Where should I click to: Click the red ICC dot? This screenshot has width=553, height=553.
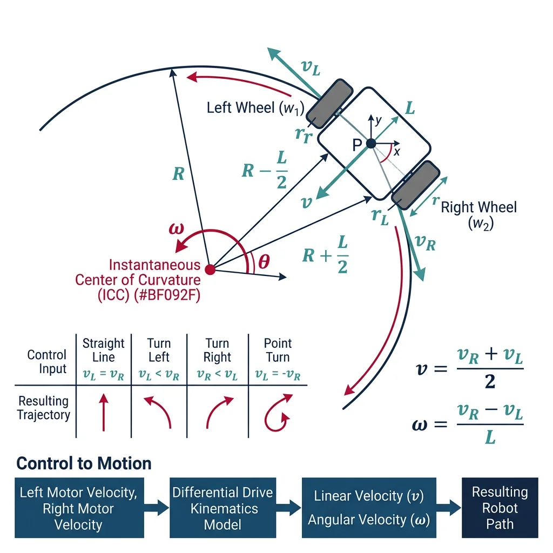[211, 269]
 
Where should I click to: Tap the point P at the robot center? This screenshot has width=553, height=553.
[371, 144]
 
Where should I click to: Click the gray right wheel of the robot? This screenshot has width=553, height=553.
[415, 184]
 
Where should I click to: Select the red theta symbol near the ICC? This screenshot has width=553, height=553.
[263, 262]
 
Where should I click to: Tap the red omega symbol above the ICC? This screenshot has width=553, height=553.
[176, 228]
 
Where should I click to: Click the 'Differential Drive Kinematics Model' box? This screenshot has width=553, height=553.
[222, 508]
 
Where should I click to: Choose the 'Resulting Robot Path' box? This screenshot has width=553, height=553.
[500, 508]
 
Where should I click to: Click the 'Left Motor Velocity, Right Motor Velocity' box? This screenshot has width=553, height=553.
[79, 508]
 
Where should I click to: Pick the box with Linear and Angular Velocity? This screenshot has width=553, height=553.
[369, 508]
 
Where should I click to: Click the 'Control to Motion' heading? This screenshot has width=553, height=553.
[84, 463]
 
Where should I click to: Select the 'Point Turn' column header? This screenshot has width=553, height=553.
[278, 350]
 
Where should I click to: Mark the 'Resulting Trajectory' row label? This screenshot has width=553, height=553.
[43, 408]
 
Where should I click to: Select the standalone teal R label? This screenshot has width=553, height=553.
[178, 174]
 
